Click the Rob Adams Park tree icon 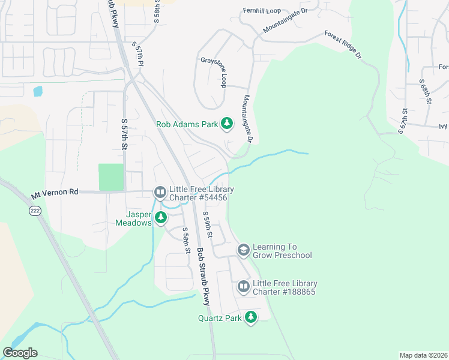(x=227, y=124)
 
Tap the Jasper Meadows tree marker (x=160, y=217)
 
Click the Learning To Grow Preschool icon (x=243, y=249)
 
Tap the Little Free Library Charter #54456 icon (x=160, y=192)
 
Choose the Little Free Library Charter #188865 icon (x=243, y=287)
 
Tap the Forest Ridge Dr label (x=343, y=45)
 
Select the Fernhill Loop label (x=262, y=11)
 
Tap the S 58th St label (x=187, y=241)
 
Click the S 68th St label (x=426, y=91)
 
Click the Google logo (x=20, y=353)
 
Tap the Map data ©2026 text (x=423, y=355)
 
